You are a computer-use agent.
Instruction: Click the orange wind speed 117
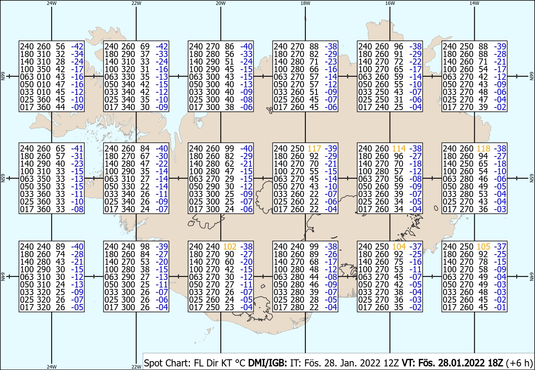314,148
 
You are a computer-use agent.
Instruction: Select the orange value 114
399,148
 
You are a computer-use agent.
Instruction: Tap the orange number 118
483,148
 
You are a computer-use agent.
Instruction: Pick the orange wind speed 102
230,247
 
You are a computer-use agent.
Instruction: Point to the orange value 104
399,247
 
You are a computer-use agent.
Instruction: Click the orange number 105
483,247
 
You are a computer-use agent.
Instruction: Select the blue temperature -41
77,148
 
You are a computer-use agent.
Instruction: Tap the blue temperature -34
77,54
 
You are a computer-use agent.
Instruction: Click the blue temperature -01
500,307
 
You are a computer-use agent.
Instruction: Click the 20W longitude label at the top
220,4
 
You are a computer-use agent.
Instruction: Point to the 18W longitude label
305,4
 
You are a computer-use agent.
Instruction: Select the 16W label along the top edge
390,4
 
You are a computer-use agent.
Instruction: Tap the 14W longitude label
474,4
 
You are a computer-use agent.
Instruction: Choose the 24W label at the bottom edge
52,367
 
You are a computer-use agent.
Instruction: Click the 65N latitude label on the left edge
3,178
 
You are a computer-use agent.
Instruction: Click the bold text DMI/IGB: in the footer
267,363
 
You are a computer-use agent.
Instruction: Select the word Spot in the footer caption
153,363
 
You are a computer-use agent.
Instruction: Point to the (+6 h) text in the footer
519,363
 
